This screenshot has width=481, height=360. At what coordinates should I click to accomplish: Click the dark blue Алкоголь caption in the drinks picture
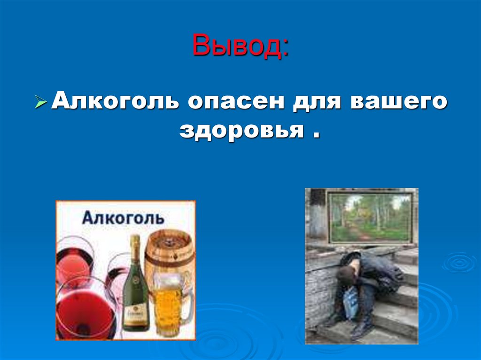pyautogui.click(x=123, y=218)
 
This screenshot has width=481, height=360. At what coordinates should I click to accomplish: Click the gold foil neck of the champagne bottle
pyautogui.click(x=135, y=249)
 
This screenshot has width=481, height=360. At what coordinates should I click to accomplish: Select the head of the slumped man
pyautogui.click(x=347, y=274)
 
